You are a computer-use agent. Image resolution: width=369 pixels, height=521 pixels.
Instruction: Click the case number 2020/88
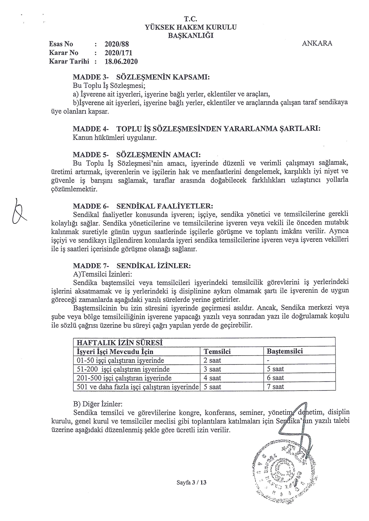(116, 44)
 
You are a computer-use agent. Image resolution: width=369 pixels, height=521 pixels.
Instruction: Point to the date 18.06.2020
(121, 62)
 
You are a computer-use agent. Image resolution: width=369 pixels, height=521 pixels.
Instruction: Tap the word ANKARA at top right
(317, 43)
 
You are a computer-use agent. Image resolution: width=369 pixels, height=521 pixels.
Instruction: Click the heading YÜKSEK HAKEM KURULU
(191, 27)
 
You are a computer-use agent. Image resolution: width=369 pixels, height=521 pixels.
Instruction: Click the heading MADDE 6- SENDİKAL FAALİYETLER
(143, 206)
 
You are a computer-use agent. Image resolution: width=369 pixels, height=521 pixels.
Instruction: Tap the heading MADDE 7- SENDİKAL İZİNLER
(134, 265)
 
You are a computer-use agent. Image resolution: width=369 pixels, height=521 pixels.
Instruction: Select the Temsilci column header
(217, 351)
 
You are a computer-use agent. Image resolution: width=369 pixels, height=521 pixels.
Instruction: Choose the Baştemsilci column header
(285, 351)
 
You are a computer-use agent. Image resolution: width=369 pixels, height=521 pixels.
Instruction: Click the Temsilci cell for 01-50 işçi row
(213, 360)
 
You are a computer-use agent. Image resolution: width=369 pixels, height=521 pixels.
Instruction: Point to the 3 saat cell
(213, 369)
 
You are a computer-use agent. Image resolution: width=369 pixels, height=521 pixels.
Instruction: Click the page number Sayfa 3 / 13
(192, 482)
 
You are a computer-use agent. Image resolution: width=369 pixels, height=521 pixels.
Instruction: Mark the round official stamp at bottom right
(284, 467)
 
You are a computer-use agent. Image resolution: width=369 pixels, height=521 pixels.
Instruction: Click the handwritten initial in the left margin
(20, 213)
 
